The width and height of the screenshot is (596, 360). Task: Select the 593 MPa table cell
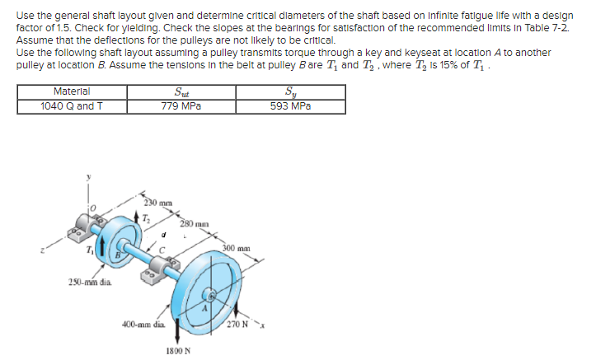286,105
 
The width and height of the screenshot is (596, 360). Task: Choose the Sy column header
286,91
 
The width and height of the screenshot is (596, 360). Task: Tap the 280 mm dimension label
194,222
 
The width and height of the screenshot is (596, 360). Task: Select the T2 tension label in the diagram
147,217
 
